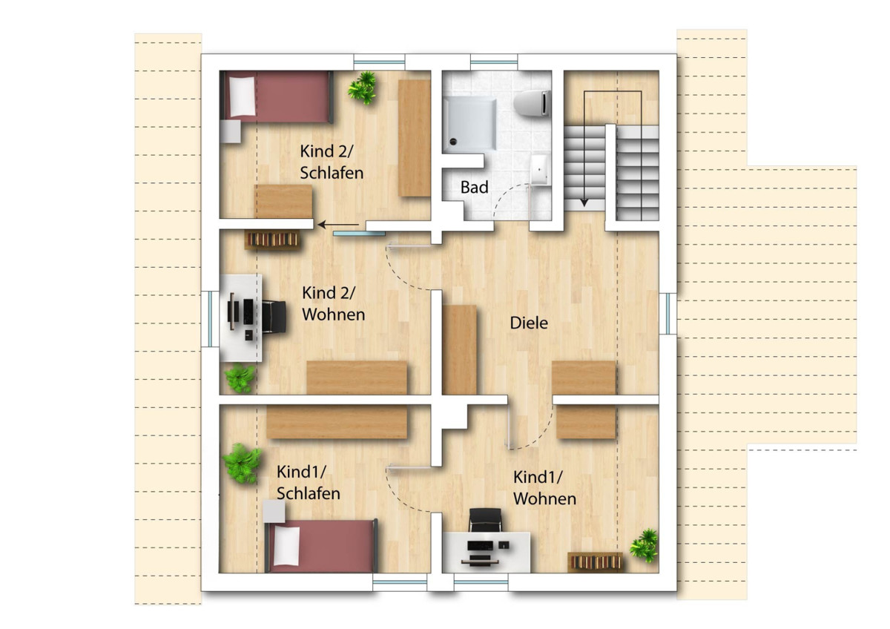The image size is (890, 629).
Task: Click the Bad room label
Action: (475, 187)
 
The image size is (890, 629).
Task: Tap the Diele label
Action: (529, 323)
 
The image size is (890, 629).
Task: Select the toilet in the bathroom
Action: (532, 103)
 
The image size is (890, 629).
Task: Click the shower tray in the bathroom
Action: (469, 124)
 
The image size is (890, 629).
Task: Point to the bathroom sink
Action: (540, 170)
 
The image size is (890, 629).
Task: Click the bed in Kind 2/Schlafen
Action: (277, 97)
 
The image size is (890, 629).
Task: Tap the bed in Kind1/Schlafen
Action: (321, 546)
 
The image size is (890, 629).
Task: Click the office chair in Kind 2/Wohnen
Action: (274, 316)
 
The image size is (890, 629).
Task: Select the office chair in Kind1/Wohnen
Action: (485, 520)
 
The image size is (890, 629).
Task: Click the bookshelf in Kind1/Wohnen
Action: (595, 562)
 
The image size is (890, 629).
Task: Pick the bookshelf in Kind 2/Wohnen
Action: (273, 240)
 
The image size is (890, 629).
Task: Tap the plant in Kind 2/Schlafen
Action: (362, 88)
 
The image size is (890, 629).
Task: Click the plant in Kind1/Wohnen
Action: (644, 545)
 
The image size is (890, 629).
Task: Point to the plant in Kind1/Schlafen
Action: (241, 464)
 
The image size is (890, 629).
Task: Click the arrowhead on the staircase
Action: (584, 202)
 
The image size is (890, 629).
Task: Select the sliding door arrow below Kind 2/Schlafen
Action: (338, 225)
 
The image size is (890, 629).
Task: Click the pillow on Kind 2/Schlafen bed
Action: (242, 97)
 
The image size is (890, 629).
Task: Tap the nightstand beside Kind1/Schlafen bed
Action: (274, 511)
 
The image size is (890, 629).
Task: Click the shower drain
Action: (453, 141)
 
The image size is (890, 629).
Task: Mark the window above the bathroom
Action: (494, 62)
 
